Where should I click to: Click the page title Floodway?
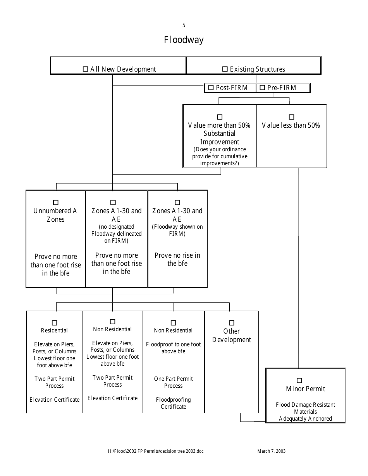tap(184, 40)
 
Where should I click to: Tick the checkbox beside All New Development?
tap(86, 69)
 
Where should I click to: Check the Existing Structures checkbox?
tap(225, 69)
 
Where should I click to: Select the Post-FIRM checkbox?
tap(211, 88)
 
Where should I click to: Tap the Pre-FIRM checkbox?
tap(262, 88)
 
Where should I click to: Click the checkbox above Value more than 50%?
tap(220, 117)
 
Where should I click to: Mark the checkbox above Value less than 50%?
tap(291, 117)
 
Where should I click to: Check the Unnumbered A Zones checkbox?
tap(55, 202)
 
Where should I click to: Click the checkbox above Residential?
tap(54, 322)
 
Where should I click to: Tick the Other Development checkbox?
tap(231, 323)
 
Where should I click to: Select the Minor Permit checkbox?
tap(299, 381)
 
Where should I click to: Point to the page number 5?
tap(184, 26)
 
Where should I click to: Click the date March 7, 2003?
tap(271, 451)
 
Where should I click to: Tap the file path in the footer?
tap(156, 451)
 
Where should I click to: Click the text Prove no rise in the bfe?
tap(177, 259)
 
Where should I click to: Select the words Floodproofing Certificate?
tap(173, 403)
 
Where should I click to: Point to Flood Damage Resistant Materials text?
tap(305, 408)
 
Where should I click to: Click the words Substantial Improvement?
tap(220, 138)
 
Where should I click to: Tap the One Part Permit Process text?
tap(173, 382)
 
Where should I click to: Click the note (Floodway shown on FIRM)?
tap(177, 230)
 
